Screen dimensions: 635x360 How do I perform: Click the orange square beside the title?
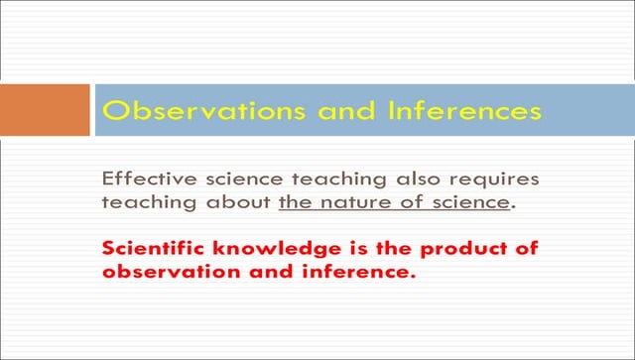pyautogui.click(x=45, y=110)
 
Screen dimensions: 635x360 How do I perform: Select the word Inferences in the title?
pyautogui.click(x=464, y=110)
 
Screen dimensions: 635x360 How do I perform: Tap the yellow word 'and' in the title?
pyautogui.click(x=346, y=110)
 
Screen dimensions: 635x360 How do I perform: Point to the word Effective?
pyautogui.click(x=150, y=179)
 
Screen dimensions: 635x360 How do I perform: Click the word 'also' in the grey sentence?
pyautogui.click(x=418, y=179)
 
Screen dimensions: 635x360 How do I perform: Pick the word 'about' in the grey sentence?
pyautogui.click(x=238, y=202)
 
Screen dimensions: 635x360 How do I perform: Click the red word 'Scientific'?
pyautogui.click(x=153, y=248)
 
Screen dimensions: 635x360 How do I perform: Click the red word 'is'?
pyautogui.click(x=359, y=248)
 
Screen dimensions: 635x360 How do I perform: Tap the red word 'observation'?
pyautogui.click(x=172, y=272)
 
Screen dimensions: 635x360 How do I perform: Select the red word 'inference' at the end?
pyautogui.click(x=356, y=272)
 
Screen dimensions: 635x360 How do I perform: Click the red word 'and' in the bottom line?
pyautogui.click(x=271, y=272)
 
